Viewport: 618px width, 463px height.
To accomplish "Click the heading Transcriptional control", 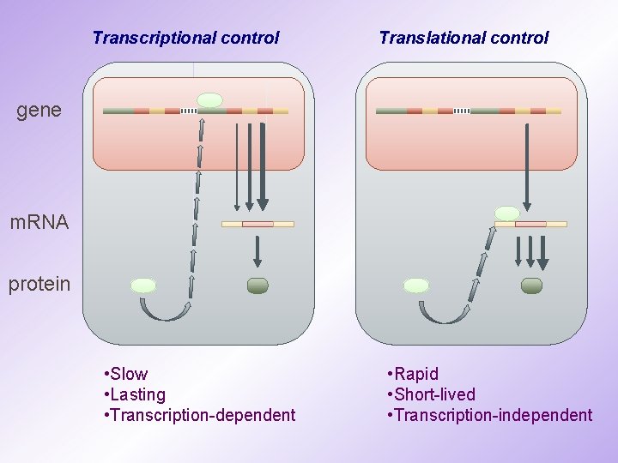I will tap(185, 38).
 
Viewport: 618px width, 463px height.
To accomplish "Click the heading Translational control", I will tap(463, 38).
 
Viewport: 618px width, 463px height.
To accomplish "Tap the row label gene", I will tap(39, 110).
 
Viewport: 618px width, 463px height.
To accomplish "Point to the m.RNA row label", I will tap(39, 223).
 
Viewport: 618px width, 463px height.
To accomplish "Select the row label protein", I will tap(39, 285).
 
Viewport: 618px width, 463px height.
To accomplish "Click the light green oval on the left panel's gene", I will tap(209, 100).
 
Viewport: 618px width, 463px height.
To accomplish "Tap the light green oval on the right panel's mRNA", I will tap(507, 213).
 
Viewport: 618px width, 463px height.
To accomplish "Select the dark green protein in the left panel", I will tap(257, 286).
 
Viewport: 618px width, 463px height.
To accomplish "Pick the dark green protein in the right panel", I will tap(531, 286).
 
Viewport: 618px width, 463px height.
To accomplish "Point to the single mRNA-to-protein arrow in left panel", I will tap(257, 251).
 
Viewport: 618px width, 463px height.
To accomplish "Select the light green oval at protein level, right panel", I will tap(416, 286).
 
